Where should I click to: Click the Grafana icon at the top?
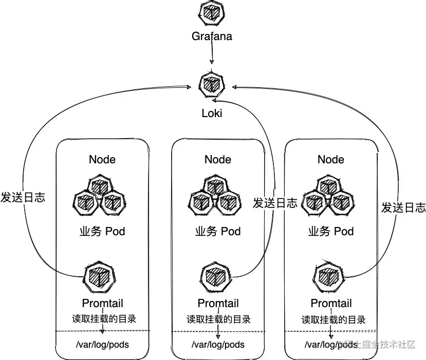(211, 13)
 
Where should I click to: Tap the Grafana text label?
(212, 36)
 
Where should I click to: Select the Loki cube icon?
(211, 84)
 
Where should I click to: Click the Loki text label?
(212, 113)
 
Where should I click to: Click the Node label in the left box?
(102, 159)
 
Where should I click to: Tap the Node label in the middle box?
(218, 159)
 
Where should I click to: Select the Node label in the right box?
(331, 159)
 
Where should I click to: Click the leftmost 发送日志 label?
(23, 197)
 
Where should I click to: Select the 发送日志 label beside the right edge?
(403, 207)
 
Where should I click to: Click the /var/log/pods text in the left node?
(102, 344)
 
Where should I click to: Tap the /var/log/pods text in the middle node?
(218, 344)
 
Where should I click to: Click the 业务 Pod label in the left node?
(102, 231)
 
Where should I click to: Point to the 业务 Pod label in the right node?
(331, 231)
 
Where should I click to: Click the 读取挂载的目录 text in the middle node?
(218, 319)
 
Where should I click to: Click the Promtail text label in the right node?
(331, 304)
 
